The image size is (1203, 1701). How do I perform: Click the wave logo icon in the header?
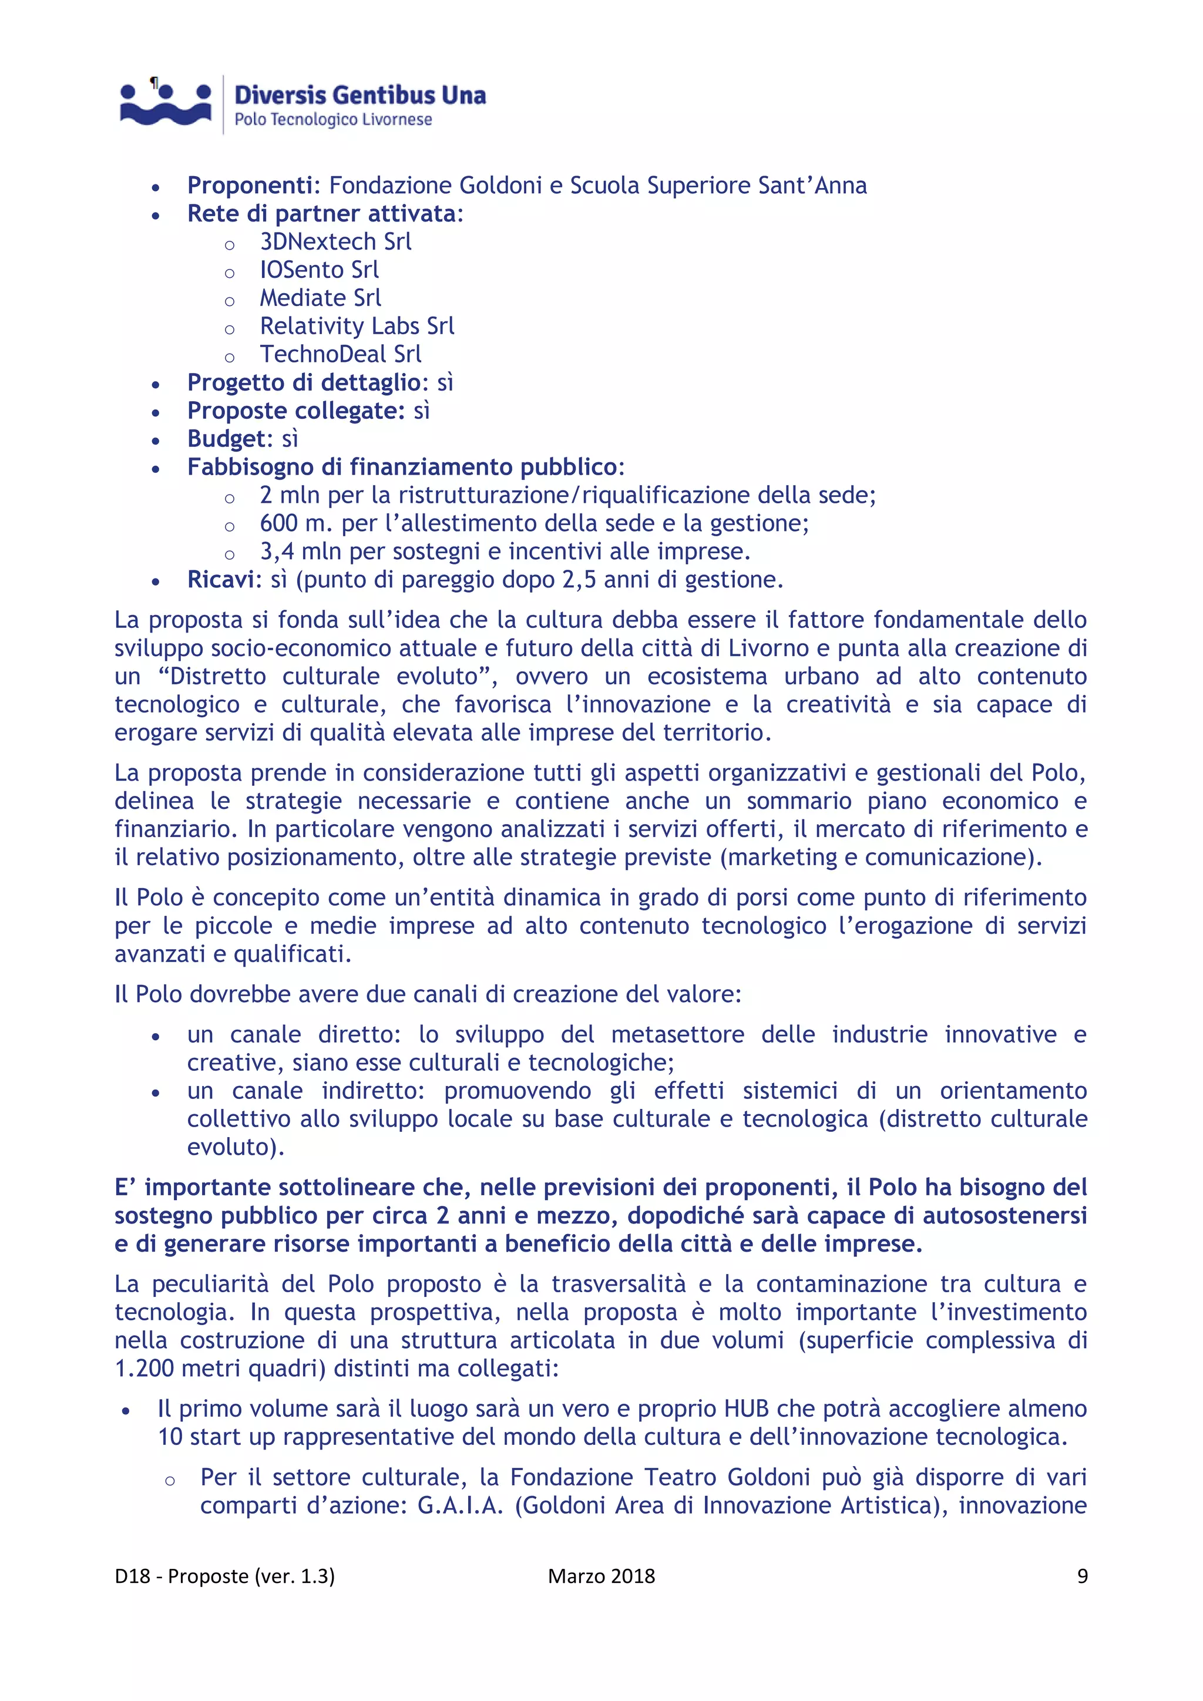[x=166, y=104]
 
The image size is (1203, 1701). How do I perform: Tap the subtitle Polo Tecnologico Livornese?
[x=332, y=119]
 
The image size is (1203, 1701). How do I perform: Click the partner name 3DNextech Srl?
[x=335, y=241]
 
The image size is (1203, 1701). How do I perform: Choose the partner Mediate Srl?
[x=320, y=298]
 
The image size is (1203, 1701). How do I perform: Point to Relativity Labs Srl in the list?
[x=357, y=326]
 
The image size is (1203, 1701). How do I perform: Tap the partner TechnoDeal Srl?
[x=340, y=354]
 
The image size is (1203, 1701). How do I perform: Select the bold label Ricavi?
[x=221, y=579]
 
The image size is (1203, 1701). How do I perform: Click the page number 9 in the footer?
[x=1081, y=1576]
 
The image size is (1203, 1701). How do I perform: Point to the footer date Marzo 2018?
[x=601, y=1576]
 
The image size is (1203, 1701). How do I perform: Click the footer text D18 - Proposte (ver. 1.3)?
[x=224, y=1576]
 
